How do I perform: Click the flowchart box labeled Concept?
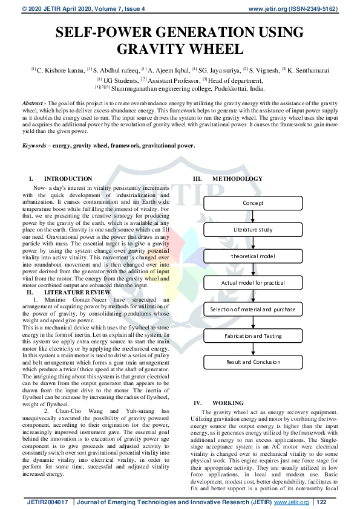point(253,203)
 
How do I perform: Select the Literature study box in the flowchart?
point(253,230)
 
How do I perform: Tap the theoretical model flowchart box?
point(253,256)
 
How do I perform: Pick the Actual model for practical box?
point(253,283)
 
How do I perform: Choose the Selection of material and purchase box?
point(253,310)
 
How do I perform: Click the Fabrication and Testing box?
point(253,336)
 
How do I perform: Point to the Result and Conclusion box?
point(253,362)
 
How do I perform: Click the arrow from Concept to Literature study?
point(253,216)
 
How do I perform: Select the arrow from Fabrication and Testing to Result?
point(253,349)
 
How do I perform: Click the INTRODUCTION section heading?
point(68,179)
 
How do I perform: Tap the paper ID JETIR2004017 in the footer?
point(47,502)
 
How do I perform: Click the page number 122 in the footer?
point(322,502)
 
